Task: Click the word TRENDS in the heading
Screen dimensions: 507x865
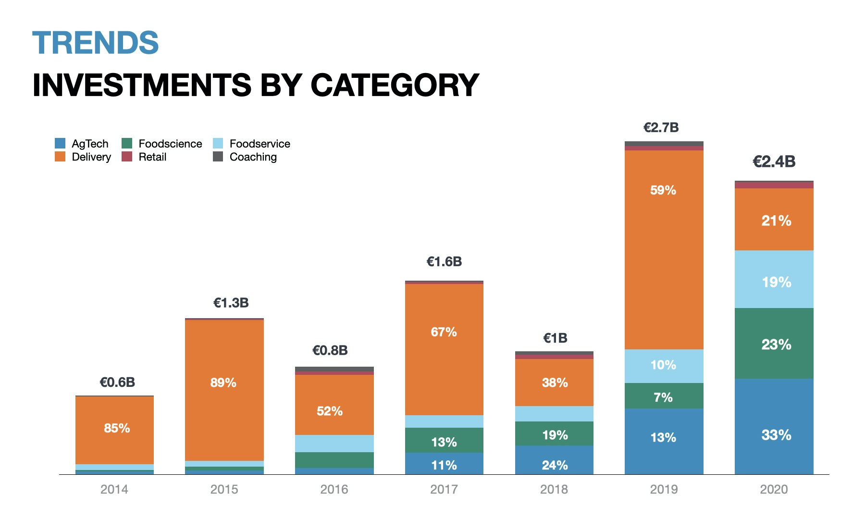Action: [95, 43]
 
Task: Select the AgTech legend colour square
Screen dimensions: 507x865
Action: [60, 143]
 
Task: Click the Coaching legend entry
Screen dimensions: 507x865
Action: [253, 157]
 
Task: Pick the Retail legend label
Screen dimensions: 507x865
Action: [152, 157]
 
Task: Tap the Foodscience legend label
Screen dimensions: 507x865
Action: [170, 144]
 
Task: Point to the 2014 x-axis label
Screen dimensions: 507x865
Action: [114, 489]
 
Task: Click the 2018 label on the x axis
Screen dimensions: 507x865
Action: [554, 489]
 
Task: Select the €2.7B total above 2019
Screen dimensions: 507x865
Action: [661, 127]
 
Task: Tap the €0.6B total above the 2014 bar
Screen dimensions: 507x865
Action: [117, 382]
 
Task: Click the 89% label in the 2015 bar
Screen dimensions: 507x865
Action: [223, 383]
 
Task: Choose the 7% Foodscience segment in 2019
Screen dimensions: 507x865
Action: [663, 397]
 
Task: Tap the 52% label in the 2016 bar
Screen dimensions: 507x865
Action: [330, 411]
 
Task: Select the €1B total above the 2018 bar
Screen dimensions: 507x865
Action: [555, 338]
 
